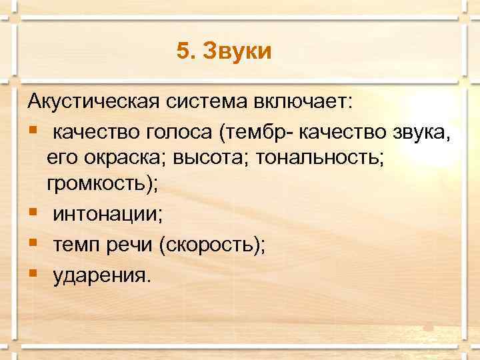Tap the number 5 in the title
pyautogui.click(x=184, y=51)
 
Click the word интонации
pyautogui.click(x=107, y=215)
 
